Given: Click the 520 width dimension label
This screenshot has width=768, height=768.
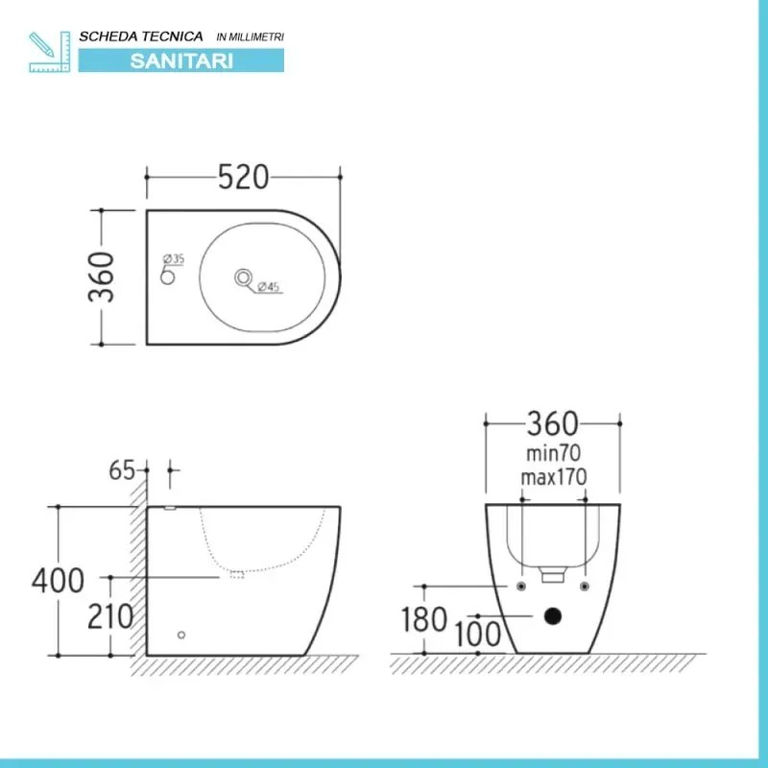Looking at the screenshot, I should tap(243, 178).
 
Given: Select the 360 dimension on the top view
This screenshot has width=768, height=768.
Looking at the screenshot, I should tap(103, 276).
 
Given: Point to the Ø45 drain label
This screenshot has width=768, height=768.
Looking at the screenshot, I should tap(268, 287).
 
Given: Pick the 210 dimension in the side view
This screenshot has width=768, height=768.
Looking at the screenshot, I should tap(110, 616).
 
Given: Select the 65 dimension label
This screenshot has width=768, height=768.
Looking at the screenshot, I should tap(121, 470).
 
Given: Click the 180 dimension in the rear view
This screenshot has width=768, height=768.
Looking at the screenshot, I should tap(423, 619).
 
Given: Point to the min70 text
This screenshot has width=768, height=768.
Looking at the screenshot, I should tap(552, 450).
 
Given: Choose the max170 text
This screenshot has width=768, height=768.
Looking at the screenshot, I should tap(552, 475).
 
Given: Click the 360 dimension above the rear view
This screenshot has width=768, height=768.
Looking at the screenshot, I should tap(552, 423).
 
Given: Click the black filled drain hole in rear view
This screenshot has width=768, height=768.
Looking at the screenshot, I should tap(552, 616).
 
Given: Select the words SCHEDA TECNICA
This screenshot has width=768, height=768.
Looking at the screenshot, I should tap(141, 36).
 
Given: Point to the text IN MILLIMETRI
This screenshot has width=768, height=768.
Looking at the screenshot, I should tap(252, 36).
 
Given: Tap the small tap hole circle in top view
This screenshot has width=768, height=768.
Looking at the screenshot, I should tap(167, 276).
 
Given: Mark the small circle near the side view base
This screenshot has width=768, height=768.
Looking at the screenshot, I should tap(180, 635).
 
